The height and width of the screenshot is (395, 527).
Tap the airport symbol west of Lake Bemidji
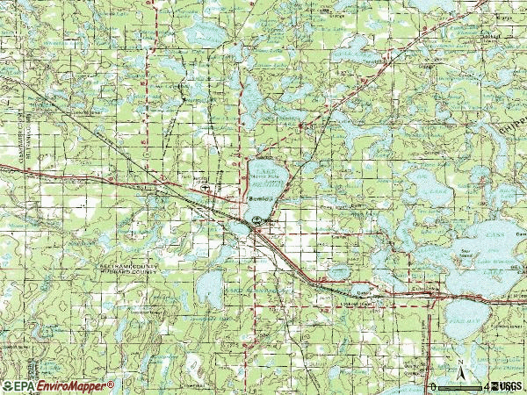[x=204, y=187]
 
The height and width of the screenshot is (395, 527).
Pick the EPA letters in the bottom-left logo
[x=25, y=386]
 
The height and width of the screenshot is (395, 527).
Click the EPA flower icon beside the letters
[x=8, y=386]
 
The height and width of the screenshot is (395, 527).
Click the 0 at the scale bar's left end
[x=432, y=386]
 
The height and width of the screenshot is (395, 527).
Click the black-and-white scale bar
[x=458, y=386]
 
